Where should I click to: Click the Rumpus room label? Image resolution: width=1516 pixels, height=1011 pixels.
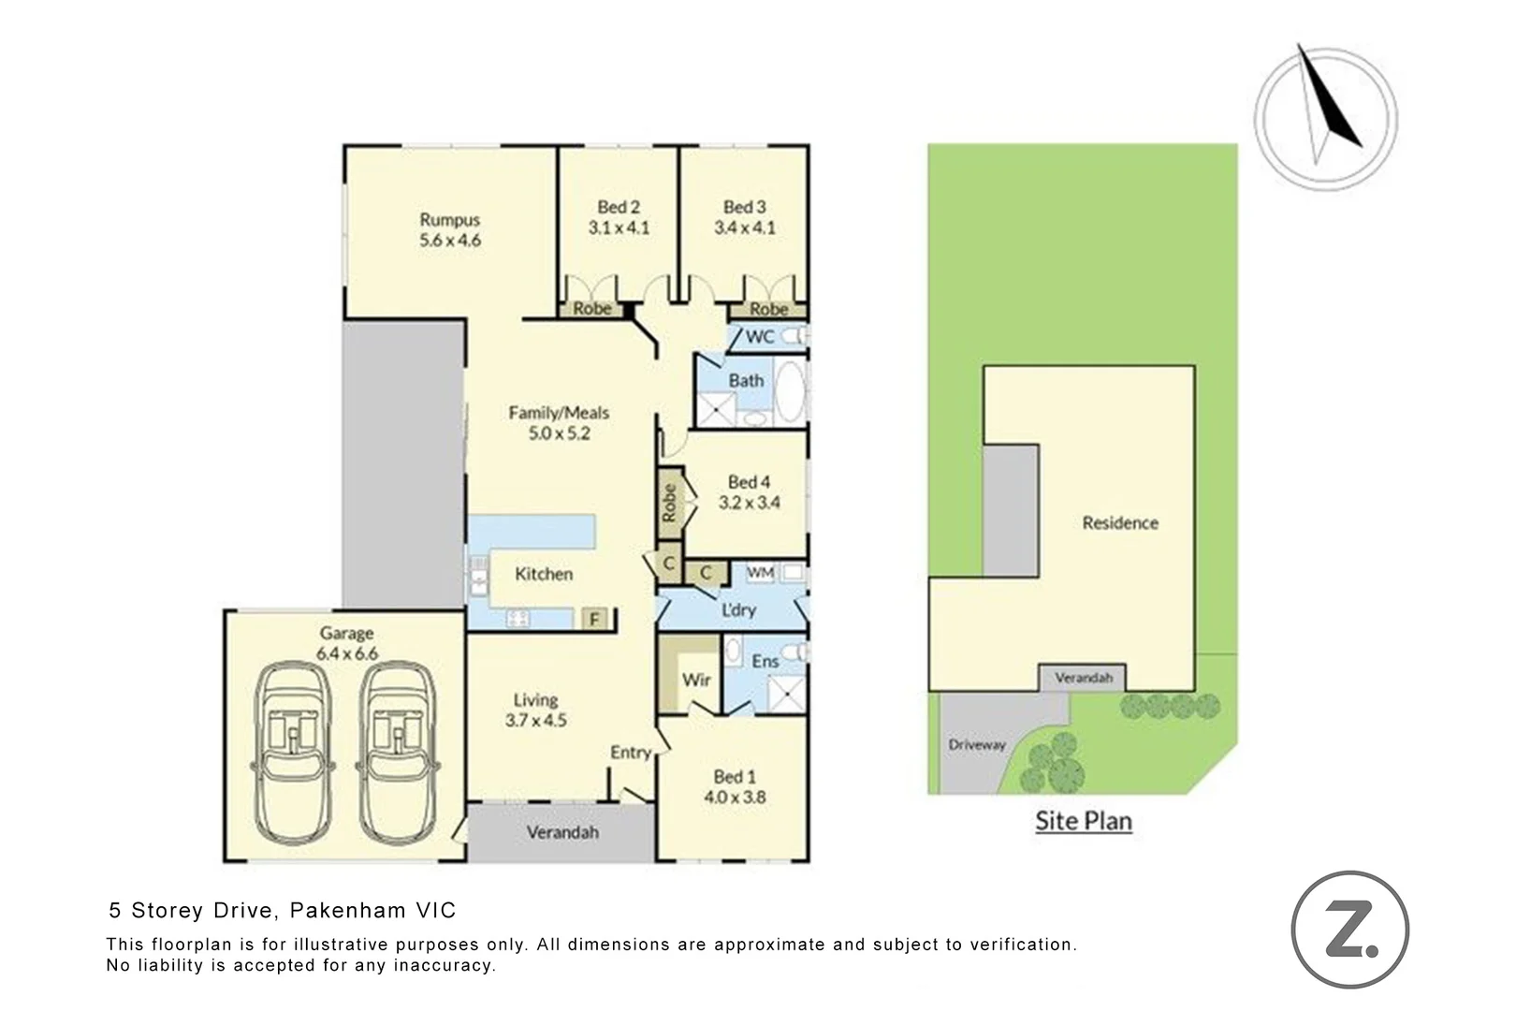tap(449, 220)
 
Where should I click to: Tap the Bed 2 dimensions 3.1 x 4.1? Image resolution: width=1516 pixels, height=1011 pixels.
tap(619, 227)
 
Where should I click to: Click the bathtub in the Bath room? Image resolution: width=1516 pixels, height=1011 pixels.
tap(790, 390)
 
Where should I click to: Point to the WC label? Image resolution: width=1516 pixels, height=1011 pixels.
tap(759, 336)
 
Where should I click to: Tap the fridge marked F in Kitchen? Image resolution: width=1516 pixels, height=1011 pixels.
tap(593, 619)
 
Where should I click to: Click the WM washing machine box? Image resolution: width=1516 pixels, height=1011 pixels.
tap(760, 572)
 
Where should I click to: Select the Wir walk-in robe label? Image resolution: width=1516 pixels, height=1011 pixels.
tap(696, 680)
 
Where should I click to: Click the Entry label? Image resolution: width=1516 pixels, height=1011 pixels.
tap(630, 753)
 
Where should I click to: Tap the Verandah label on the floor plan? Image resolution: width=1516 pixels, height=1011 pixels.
tap(562, 832)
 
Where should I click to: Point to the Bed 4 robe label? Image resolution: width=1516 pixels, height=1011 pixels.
tap(669, 503)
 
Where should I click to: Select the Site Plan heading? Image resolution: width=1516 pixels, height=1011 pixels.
tap(1083, 821)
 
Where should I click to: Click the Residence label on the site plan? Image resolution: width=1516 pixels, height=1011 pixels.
tap(1120, 523)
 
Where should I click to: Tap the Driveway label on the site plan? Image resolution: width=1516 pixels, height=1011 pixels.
tap(976, 745)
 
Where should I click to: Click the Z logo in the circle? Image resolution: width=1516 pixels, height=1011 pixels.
tap(1349, 930)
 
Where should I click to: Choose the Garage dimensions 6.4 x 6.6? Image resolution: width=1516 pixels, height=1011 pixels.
tap(346, 653)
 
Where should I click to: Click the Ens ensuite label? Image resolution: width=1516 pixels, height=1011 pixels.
tap(765, 661)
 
